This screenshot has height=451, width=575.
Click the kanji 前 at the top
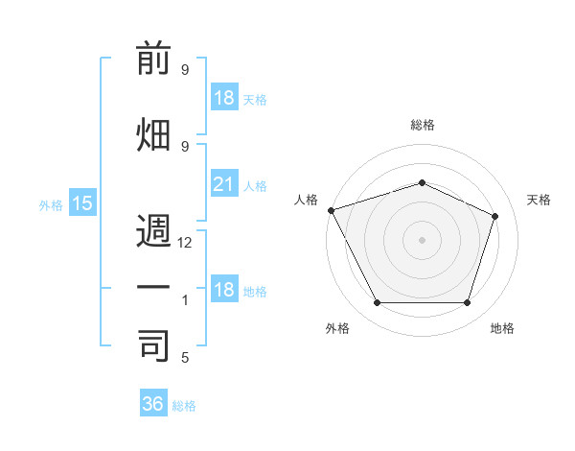tap(154, 60)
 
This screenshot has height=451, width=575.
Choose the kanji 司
tap(154, 344)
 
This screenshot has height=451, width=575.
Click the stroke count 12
tap(186, 244)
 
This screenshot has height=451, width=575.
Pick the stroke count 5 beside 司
tap(185, 358)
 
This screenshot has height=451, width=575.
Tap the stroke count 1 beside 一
tap(185, 300)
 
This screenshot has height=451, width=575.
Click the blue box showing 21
tap(223, 184)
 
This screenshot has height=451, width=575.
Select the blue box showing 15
tap(81, 203)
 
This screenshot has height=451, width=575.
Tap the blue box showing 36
tap(153, 404)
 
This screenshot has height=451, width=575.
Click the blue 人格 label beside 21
tap(254, 186)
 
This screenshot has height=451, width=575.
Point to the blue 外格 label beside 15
tap(51, 205)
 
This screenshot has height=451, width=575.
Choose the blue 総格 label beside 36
tap(184, 406)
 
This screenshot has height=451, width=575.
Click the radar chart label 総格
tap(422, 125)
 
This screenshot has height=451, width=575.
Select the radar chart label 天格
tap(539, 200)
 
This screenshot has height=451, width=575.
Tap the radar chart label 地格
tap(502, 328)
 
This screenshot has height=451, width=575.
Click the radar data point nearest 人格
tap(331, 210)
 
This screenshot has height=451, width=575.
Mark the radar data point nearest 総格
tap(422, 182)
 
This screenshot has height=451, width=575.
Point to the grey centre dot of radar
tap(422, 239)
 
